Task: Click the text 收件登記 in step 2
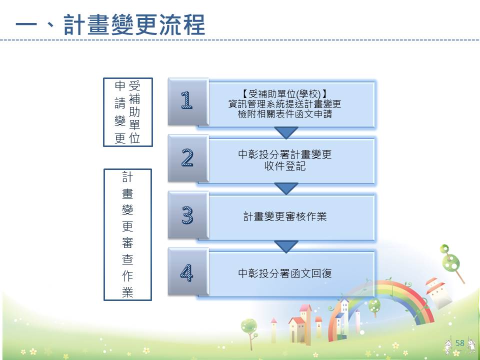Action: tap(285, 166)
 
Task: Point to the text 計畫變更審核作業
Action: tap(285, 216)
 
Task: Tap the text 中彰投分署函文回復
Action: tap(285, 273)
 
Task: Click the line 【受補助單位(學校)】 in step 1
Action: tap(285, 93)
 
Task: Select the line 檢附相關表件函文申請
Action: tap(285, 114)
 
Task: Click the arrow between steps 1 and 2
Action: tap(286, 132)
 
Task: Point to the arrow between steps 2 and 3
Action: tap(286, 188)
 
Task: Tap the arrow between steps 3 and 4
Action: tap(286, 246)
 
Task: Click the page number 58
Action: tap(460, 343)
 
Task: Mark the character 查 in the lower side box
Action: tap(127, 259)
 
